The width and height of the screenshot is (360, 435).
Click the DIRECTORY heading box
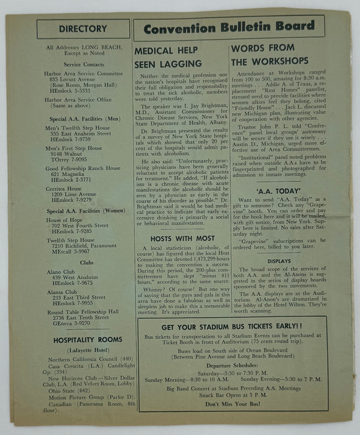pos(83,29)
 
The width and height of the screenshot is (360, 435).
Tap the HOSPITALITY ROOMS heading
pos(82,340)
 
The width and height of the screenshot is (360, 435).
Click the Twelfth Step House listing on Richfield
pos(69,240)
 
